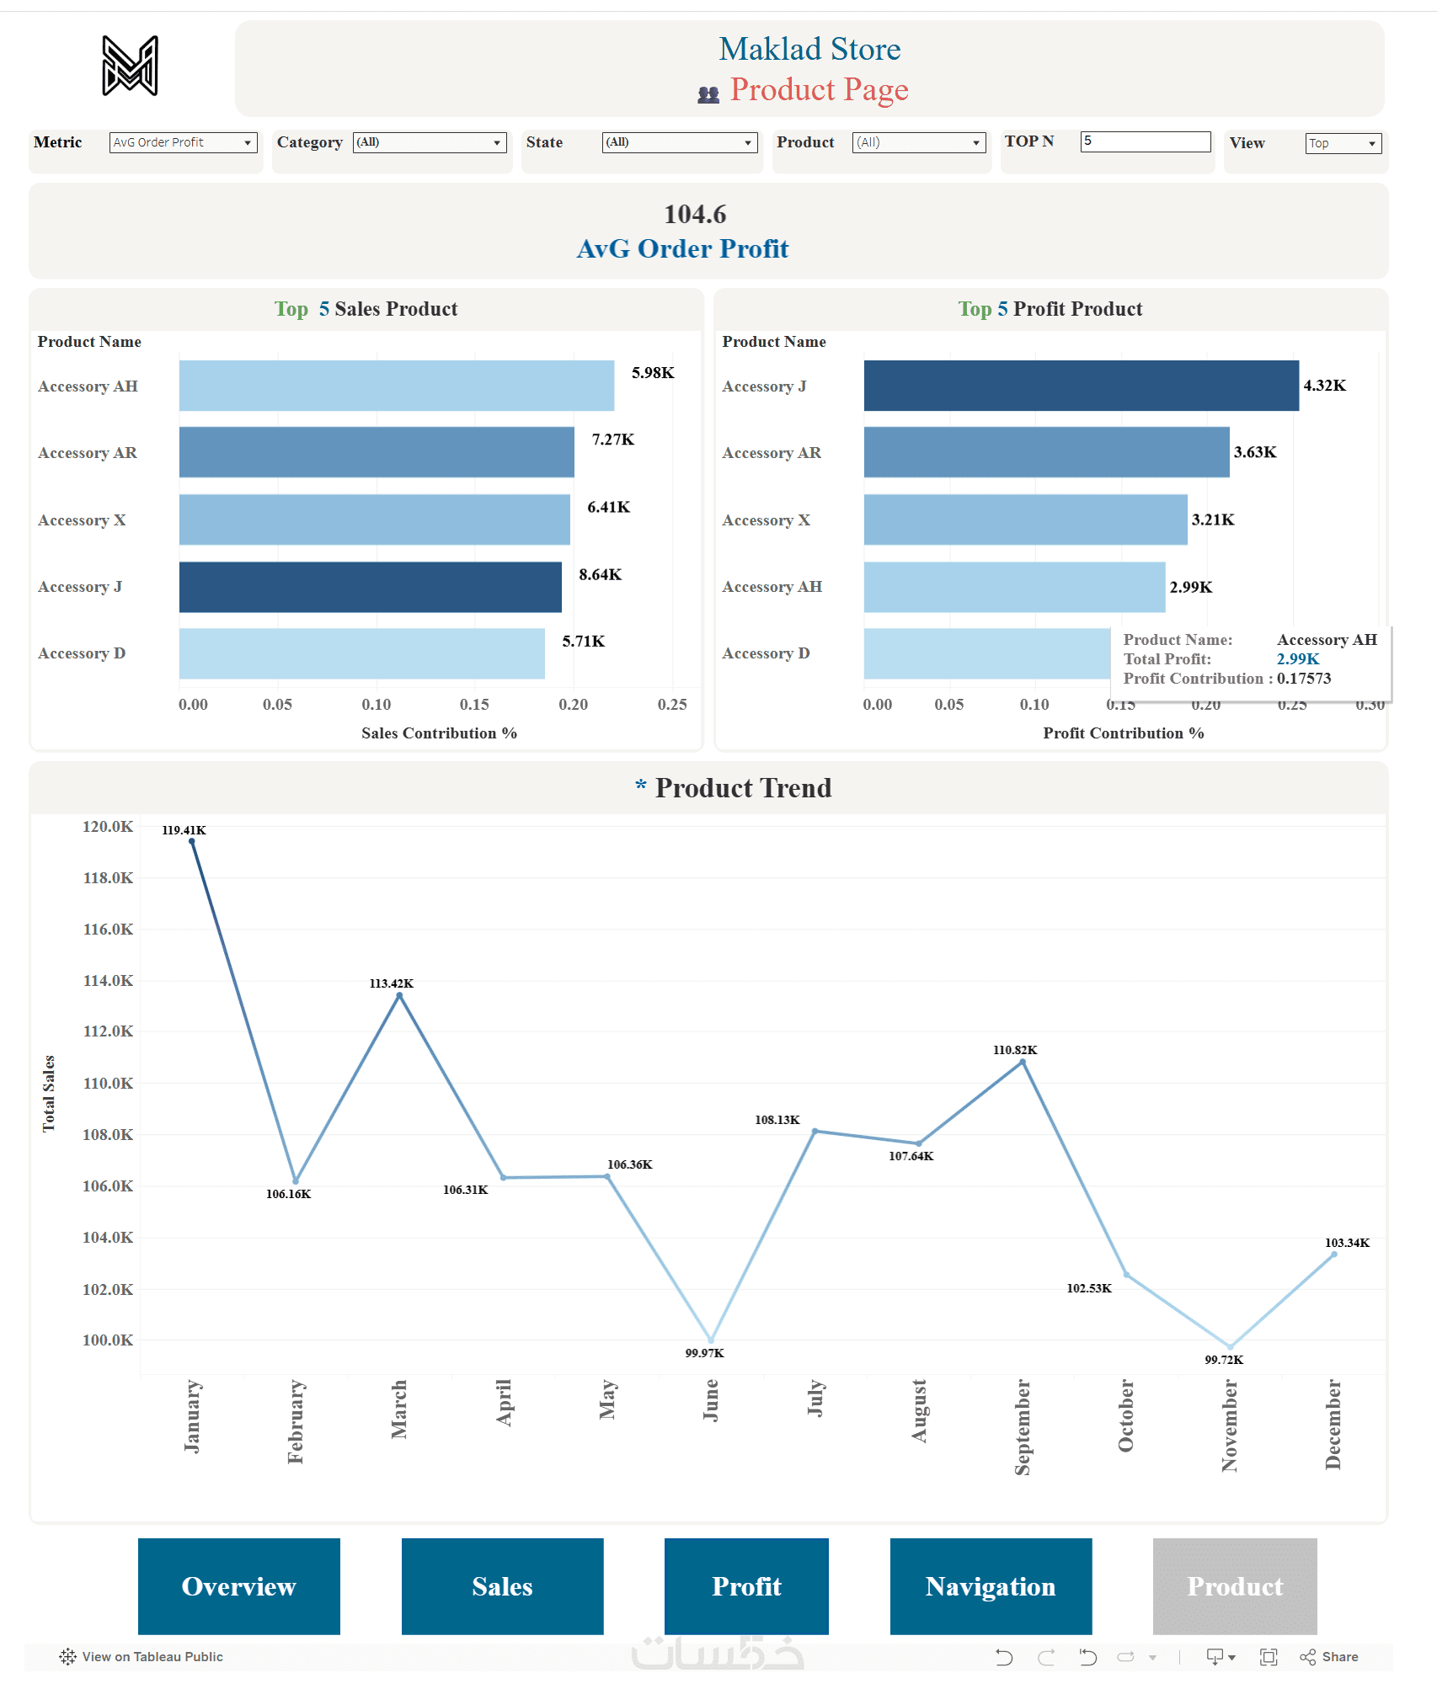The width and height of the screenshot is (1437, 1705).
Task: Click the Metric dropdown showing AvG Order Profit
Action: tap(183, 142)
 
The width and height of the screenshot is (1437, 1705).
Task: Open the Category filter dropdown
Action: tap(430, 142)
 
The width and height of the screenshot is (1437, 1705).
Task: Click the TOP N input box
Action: tap(1145, 141)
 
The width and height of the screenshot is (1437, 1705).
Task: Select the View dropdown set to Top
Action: tap(1344, 143)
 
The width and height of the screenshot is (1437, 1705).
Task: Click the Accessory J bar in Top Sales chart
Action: tap(370, 587)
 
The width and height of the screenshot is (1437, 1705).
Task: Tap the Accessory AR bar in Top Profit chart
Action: tap(1046, 452)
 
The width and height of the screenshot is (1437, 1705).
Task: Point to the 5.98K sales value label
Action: tap(653, 373)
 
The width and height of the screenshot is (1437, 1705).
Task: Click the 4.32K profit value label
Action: tap(1324, 386)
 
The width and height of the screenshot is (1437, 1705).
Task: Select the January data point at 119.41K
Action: tap(192, 841)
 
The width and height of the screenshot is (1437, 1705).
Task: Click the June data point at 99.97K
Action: tap(712, 1340)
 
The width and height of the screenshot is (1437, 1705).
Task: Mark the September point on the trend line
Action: tap(1023, 1063)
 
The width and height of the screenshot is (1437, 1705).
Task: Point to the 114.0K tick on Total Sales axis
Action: tap(108, 981)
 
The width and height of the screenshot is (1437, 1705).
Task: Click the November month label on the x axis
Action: tap(1230, 1425)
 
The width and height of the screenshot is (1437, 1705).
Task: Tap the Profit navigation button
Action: tap(746, 1586)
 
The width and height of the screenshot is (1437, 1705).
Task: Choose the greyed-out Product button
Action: tap(1235, 1586)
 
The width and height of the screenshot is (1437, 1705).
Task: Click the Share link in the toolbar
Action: tap(1330, 1657)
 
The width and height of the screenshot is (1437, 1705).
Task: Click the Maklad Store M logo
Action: tap(130, 66)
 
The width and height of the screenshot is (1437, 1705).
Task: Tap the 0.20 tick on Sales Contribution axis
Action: tap(574, 705)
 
